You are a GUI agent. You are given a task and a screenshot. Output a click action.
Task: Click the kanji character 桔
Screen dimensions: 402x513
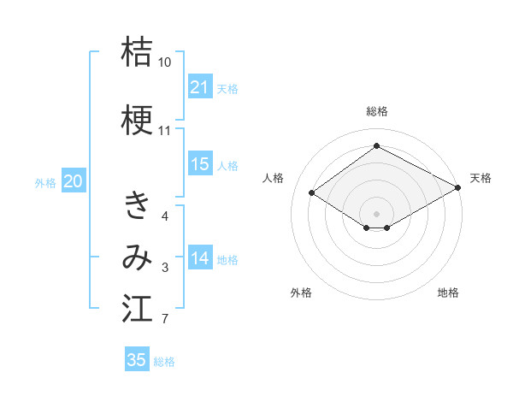pyautogui.click(x=137, y=53)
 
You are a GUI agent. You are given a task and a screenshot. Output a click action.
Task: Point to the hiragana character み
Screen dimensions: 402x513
pyautogui.click(x=137, y=257)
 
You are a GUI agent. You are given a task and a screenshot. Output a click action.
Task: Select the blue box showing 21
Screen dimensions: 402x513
pyautogui.click(x=200, y=87)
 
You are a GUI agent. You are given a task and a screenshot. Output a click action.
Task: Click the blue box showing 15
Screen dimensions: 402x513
pyautogui.click(x=200, y=164)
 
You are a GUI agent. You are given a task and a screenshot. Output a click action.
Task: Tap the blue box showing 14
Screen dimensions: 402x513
pyautogui.click(x=200, y=258)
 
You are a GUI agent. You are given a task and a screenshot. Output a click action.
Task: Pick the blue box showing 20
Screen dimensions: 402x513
pyautogui.click(x=74, y=180)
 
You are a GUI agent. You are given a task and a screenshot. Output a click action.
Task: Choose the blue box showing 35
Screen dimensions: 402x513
pyautogui.click(x=137, y=360)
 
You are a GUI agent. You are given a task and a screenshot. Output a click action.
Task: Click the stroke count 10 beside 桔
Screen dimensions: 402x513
pyautogui.click(x=165, y=62)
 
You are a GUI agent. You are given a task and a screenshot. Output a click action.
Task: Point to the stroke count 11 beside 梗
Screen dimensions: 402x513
pyautogui.click(x=165, y=131)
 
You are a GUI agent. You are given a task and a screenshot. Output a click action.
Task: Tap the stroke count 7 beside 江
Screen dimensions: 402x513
pyautogui.click(x=165, y=320)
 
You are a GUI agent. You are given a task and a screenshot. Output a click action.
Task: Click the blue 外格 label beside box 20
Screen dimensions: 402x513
pyautogui.click(x=45, y=182)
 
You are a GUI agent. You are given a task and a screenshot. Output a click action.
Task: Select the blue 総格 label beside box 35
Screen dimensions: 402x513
pyautogui.click(x=164, y=362)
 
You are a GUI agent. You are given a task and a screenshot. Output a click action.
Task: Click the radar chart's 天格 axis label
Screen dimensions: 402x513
pyautogui.click(x=481, y=178)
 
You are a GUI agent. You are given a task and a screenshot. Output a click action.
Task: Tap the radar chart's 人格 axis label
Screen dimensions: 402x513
pyautogui.click(x=274, y=178)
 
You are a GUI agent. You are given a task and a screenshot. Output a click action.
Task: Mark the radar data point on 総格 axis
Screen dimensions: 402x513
pyautogui.click(x=376, y=146)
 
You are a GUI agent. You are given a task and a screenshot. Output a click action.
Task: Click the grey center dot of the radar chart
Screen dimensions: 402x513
pyautogui.click(x=376, y=212)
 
